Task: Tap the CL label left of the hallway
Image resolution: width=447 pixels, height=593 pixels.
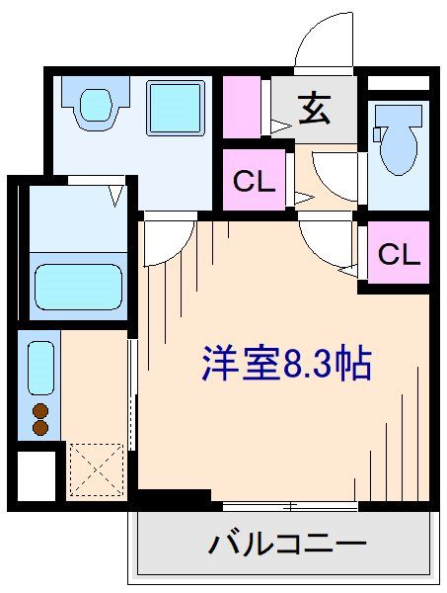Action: coord(254,182)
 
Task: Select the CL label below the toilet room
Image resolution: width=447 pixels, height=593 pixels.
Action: coord(399,254)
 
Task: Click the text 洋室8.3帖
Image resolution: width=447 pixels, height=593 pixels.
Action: coord(285,365)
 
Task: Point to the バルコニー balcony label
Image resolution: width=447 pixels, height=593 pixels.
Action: coord(287,543)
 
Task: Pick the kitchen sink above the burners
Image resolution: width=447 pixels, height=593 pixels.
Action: coord(40,368)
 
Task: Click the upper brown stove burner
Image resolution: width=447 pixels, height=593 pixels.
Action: coord(40,411)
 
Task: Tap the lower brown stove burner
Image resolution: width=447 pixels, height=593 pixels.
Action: coord(40,428)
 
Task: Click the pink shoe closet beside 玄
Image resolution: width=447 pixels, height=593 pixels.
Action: coord(239,108)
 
